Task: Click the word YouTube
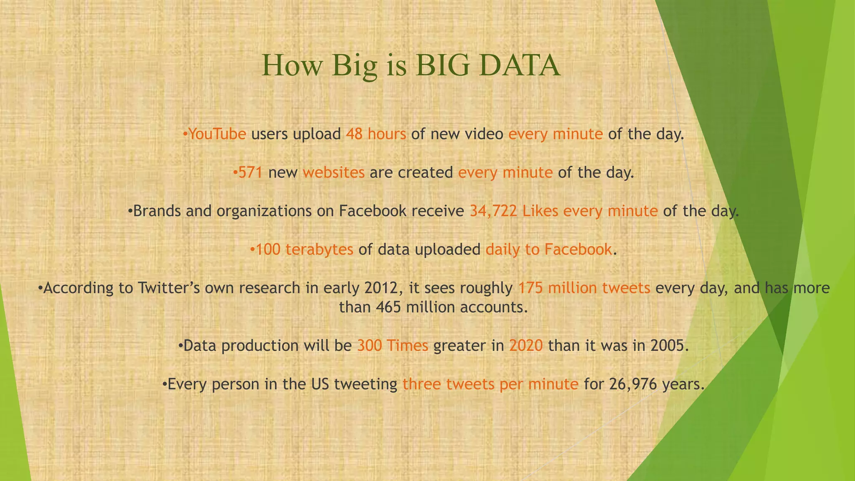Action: [x=217, y=134]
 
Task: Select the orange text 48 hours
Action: [x=376, y=134]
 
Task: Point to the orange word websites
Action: [x=334, y=172]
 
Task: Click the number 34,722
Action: [x=493, y=211]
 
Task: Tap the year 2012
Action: [x=379, y=288]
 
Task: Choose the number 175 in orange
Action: [x=530, y=288]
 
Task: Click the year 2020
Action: [x=526, y=346]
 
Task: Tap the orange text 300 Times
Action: [x=392, y=346]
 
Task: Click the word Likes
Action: [x=540, y=211]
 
